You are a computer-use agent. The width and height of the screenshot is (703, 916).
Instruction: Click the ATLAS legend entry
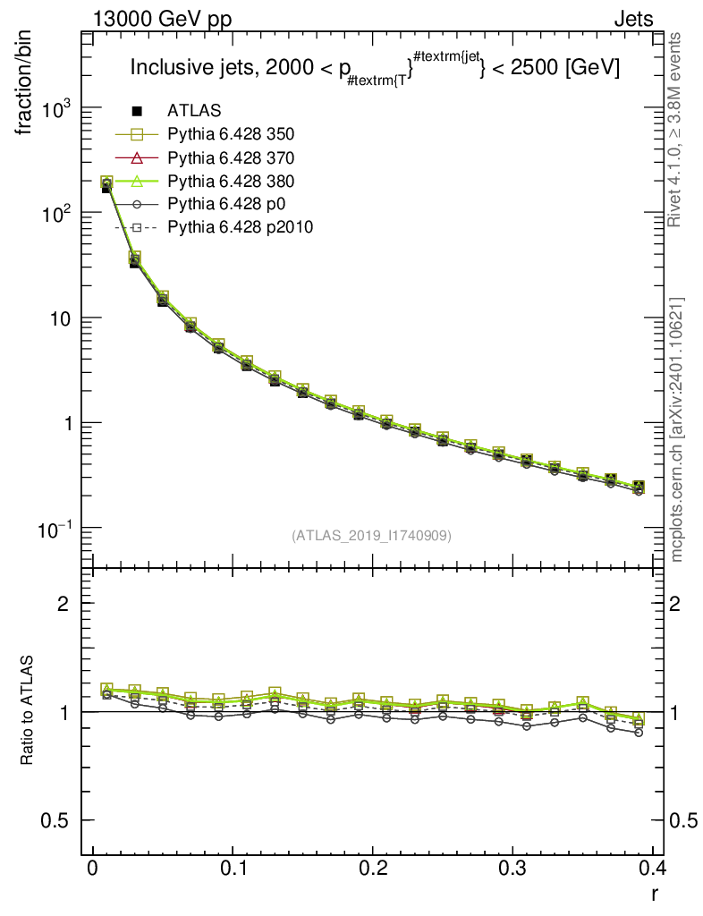click(194, 111)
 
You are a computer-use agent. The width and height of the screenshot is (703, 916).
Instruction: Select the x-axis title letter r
click(655, 893)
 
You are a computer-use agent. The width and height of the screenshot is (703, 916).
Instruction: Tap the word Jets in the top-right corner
click(633, 19)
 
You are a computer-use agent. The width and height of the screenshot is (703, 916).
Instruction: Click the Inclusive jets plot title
click(375, 68)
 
